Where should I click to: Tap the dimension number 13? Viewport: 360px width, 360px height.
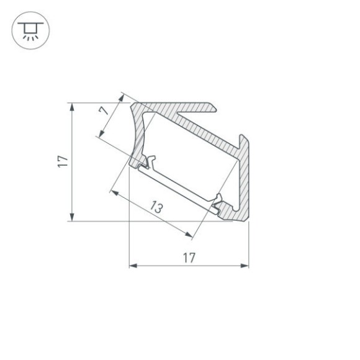point(156,209)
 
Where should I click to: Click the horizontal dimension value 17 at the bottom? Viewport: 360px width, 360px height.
point(189,257)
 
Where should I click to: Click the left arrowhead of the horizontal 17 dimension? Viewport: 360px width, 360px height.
point(132,266)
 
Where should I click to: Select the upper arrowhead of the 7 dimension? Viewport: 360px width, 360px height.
point(122,96)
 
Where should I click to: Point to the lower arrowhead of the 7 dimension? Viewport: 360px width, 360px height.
point(100,136)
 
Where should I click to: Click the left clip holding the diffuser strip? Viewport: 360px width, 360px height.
point(148,163)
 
